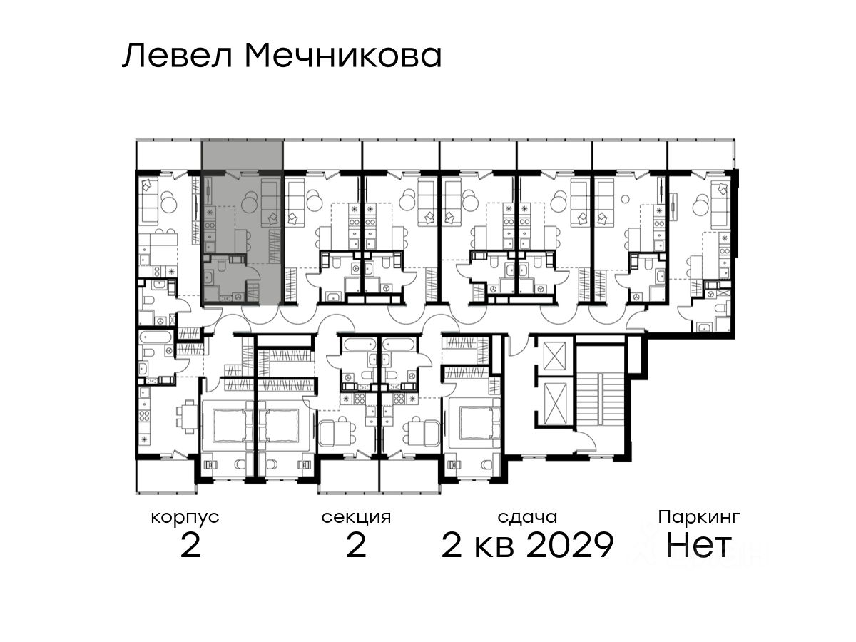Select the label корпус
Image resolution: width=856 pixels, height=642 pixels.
(185, 519)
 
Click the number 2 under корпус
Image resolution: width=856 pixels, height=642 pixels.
(190, 545)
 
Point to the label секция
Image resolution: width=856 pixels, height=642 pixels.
(356, 518)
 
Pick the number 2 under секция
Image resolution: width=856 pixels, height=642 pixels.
(356, 545)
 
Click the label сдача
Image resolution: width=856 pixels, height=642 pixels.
(527, 517)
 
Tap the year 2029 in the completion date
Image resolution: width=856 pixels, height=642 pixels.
(570, 545)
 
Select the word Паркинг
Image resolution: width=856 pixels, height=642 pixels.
(699, 518)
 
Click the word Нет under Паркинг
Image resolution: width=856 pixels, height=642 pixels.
(698, 545)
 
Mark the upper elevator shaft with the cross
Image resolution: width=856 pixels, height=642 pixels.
(554, 356)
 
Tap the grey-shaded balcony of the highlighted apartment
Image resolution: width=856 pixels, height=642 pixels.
(242, 155)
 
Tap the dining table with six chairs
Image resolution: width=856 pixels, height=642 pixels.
(185, 418)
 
